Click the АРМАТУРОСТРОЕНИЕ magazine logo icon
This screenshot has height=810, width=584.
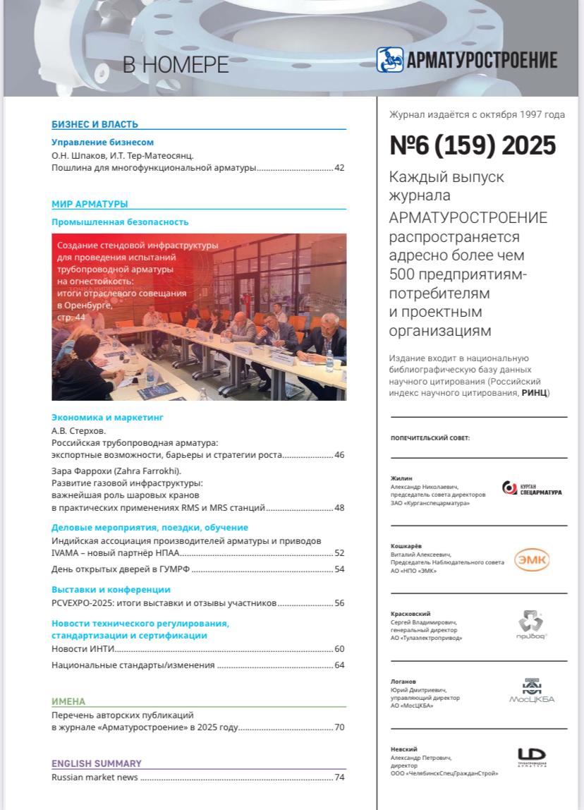[x=390, y=60]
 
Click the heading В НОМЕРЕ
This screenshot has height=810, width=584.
[x=176, y=65]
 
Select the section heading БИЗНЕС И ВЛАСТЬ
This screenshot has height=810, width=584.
[x=95, y=125]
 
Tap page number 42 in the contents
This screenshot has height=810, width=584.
[x=339, y=169]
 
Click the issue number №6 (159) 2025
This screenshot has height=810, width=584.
[x=473, y=146]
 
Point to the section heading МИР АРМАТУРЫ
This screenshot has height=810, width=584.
[x=90, y=204]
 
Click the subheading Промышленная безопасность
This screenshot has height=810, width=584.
[x=120, y=222]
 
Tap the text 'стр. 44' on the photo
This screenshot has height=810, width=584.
[x=71, y=318]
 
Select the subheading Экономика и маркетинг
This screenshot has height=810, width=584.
[x=108, y=417]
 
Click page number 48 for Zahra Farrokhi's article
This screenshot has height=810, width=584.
[x=339, y=507]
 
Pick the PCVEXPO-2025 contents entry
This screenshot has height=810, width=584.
[x=163, y=603]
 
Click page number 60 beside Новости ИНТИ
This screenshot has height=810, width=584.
[x=339, y=648]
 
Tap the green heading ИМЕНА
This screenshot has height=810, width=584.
[x=68, y=701]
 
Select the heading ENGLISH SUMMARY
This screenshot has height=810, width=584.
[x=97, y=763]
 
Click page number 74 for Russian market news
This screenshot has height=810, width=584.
[x=339, y=778]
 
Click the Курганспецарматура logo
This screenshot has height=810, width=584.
[x=532, y=488]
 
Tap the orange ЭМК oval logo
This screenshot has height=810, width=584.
[x=531, y=560]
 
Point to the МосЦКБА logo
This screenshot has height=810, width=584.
[x=532, y=691]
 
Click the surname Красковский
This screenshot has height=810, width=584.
[x=410, y=614]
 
